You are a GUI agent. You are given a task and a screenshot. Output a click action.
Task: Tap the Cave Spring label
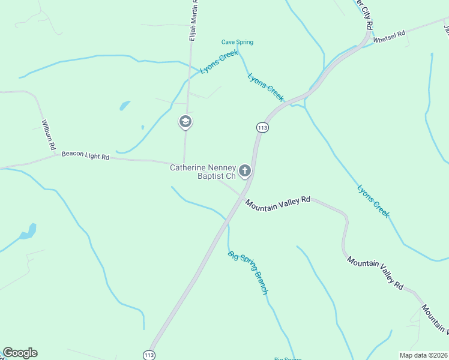point(237,42)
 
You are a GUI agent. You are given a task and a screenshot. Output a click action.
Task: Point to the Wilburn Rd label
point(48,135)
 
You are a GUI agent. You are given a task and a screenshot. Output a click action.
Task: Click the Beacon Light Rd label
point(85,156)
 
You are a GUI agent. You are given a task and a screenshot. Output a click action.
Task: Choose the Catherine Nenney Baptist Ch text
point(203,172)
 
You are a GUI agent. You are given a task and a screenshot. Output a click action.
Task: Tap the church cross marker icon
point(245,172)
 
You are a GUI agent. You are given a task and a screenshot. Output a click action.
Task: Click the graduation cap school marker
point(185,122)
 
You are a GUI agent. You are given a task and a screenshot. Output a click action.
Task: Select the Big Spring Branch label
point(248,272)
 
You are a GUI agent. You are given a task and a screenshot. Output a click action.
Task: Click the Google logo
point(20,353)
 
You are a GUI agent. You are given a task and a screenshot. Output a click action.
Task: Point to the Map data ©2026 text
point(424,355)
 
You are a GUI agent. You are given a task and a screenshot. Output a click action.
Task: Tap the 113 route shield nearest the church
point(262,127)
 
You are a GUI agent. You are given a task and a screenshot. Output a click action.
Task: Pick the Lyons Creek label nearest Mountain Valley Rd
point(373,201)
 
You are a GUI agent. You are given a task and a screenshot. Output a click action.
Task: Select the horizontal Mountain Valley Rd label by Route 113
point(277,203)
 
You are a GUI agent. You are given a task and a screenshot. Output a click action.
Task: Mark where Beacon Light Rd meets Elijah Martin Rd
point(184,162)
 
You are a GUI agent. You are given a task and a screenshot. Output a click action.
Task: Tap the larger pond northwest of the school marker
point(125,106)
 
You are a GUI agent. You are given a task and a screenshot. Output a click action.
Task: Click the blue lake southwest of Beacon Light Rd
point(28,232)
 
